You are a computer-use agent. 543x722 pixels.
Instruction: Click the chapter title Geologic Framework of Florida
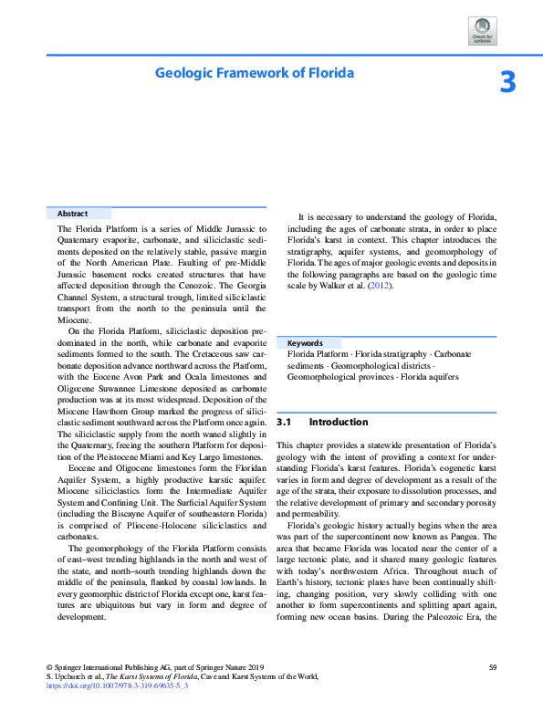[254, 72]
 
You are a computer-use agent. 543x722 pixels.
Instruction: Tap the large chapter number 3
[507, 83]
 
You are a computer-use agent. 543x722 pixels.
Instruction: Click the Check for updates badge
[482, 30]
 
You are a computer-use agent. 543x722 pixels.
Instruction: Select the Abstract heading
[72, 214]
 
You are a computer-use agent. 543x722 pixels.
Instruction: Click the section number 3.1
[283, 423]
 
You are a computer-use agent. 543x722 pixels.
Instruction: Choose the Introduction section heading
[339, 423]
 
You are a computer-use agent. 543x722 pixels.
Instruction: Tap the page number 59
[492, 667]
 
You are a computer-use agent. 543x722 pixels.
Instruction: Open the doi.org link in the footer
[117, 685]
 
